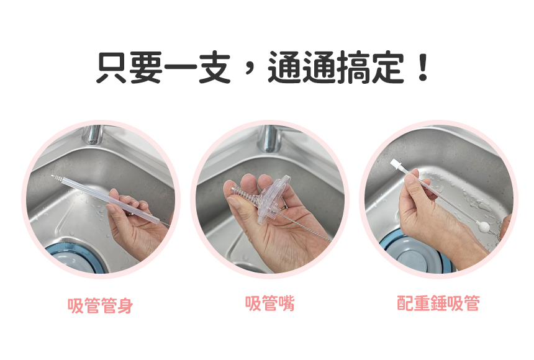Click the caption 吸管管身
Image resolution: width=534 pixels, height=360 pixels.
tap(100, 305)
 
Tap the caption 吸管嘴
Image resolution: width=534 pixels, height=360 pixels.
tap(269, 303)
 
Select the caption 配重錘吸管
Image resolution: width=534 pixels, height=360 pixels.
tap(438, 303)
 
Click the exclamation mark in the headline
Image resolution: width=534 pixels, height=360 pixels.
tap(423, 68)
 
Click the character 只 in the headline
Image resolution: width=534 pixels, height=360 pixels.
tap(112, 68)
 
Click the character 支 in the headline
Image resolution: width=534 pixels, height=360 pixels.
tap(215, 68)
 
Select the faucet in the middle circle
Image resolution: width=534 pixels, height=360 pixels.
tap(269, 138)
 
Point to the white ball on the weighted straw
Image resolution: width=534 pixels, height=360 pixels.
tap(483, 225)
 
